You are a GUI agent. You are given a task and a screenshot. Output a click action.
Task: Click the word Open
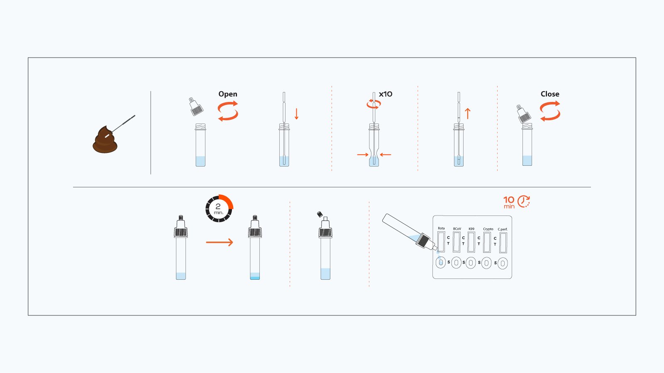click(228, 94)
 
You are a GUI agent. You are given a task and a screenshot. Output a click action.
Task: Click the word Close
click(550, 94)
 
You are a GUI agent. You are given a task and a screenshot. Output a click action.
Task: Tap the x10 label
click(386, 94)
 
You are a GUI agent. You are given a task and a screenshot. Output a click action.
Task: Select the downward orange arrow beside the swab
click(296, 114)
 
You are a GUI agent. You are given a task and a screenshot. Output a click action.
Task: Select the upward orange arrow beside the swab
click(468, 114)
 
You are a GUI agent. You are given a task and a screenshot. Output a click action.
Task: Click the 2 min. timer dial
click(219, 208)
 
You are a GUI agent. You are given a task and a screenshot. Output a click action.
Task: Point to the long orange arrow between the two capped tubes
click(220, 242)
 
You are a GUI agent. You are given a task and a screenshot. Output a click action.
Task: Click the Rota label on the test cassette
click(441, 228)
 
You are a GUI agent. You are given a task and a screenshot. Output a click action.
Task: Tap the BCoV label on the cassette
click(457, 229)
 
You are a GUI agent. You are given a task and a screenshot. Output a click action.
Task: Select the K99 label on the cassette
click(471, 229)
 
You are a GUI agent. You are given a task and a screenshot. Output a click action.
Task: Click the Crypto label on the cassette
click(488, 229)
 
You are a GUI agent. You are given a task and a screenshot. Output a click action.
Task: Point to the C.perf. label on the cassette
click(503, 229)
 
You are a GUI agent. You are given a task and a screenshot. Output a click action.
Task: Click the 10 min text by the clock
click(509, 202)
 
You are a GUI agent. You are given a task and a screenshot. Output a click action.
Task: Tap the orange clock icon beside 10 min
click(524, 201)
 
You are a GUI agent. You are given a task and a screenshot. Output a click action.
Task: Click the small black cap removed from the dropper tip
click(320, 214)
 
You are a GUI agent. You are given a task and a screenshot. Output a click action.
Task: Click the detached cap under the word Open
click(196, 107)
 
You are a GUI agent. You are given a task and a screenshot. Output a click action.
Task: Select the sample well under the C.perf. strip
click(503, 263)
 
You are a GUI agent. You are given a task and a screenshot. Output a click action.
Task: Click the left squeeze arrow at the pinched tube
click(363, 155)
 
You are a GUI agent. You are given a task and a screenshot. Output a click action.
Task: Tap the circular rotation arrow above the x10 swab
click(373, 104)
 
